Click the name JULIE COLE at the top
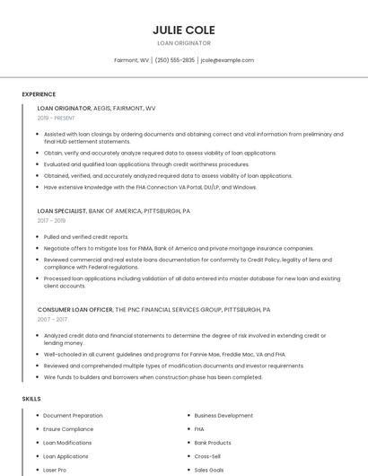183,30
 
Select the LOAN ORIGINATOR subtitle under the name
183,43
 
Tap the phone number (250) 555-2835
174,60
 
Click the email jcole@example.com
227,60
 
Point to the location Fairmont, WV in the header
132,60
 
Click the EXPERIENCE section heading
39,94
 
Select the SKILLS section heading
31,398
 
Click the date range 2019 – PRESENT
57,118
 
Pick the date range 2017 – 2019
51,220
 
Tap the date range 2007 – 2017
52,319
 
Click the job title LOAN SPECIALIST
62,210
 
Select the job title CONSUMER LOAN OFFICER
75,309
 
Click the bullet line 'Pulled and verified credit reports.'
86,237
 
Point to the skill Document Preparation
73,416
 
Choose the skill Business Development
223,416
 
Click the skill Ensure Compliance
68,429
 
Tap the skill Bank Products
213,443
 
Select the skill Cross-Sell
207,456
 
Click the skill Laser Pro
55,470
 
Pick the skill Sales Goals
209,470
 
